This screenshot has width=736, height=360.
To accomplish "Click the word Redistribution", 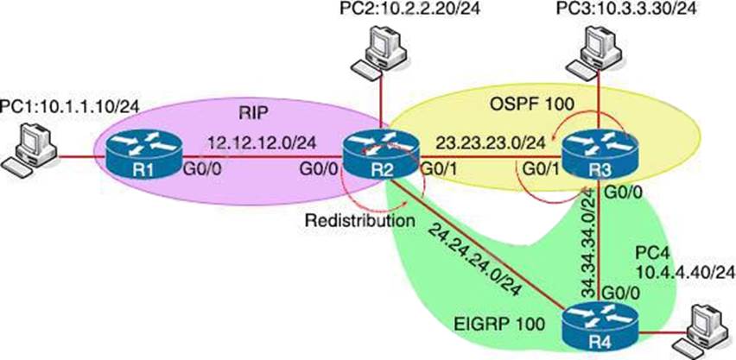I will click(355, 220).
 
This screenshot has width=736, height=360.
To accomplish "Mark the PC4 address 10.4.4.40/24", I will click(685, 272).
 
